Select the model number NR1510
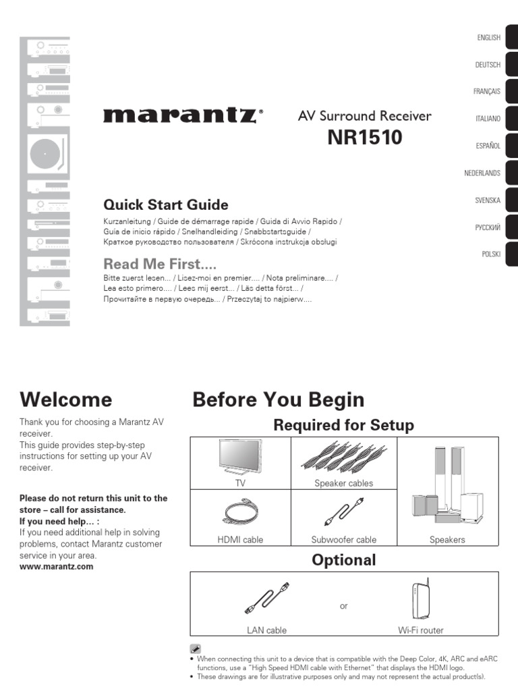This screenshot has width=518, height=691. tap(364, 138)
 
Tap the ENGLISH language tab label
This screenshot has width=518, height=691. tap(488, 38)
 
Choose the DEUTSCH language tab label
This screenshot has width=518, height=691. tap(488, 65)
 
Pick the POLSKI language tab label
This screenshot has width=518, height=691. tap(490, 254)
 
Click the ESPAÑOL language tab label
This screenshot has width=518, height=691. tap(488, 146)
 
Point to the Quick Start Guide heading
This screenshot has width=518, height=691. tap(166, 204)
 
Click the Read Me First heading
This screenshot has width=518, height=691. tap(160, 264)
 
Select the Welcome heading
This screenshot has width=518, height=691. tap(66, 399)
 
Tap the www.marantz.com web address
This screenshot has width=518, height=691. tap(57, 567)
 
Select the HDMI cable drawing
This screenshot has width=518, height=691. tap(240, 514)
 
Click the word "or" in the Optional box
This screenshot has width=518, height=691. tap(344, 607)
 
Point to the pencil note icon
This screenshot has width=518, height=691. tap(196, 648)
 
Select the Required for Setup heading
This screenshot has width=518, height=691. tap(343, 425)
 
